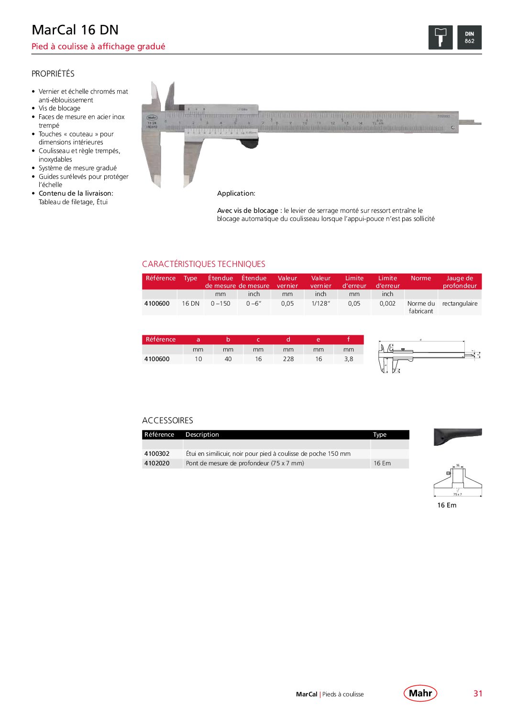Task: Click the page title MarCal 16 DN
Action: tap(75, 30)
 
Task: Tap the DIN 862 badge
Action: tap(469, 38)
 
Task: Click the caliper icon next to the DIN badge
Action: tap(440, 38)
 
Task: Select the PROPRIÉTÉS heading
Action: tap(53, 74)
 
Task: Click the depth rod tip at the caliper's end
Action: tap(473, 122)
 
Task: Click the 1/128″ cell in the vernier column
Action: tap(320, 304)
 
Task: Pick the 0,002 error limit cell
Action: tap(387, 304)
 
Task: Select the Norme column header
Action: tap(421, 278)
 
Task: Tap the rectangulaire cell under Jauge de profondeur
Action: tap(460, 304)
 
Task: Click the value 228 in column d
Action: tap(288, 359)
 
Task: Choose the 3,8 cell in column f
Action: tap(349, 359)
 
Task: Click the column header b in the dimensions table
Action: tap(228, 340)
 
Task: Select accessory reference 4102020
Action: tap(157, 463)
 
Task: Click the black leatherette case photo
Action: tap(457, 436)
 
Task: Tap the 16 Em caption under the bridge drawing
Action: tap(447, 505)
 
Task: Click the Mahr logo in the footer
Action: tap(420, 693)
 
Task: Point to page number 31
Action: tap(478, 694)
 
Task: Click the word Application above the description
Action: tap(236, 193)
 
